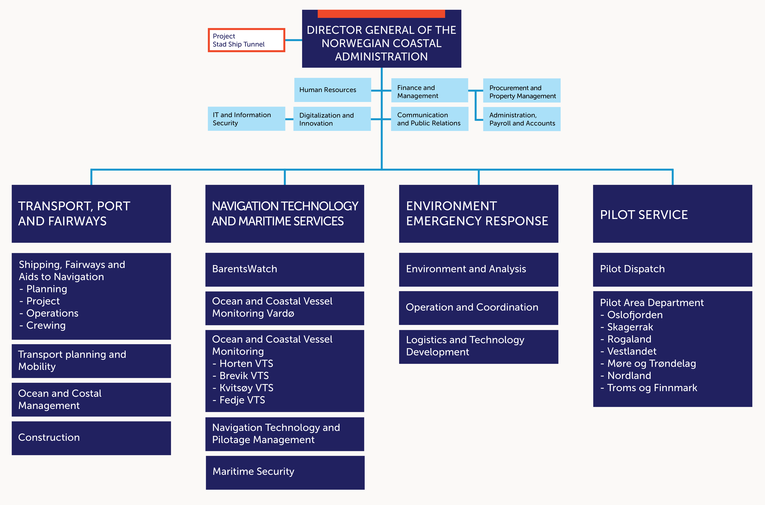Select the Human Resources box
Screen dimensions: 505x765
tap(332, 90)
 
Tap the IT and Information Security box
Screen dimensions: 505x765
tap(246, 119)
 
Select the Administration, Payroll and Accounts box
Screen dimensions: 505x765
tap(522, 119)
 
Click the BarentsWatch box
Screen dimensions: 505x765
tap(285, 269)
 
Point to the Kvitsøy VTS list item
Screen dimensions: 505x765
tap(246, 388)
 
